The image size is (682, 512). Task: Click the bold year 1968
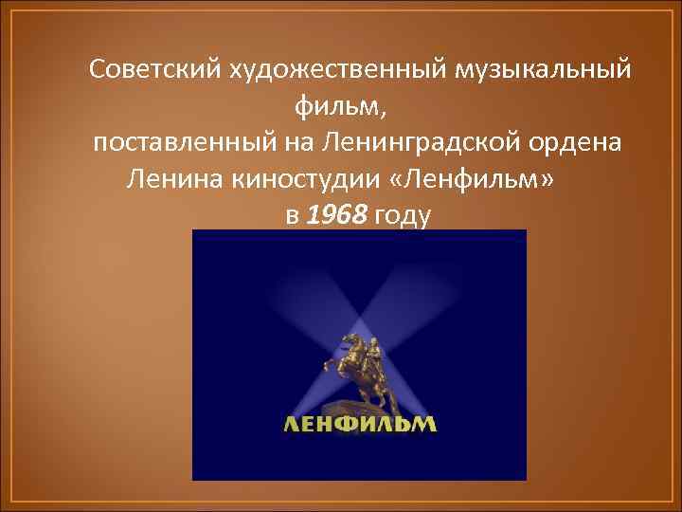pyautogui.click(x=338, y=216)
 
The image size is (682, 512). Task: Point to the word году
pyautogui.click(x=403, y=216)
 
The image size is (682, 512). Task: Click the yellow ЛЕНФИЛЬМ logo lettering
pyautogui.click(x=360, y=424)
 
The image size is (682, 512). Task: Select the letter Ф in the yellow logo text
pyautogui.click(x=350, y=424)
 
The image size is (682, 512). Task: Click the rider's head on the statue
pyautogui.click(x=372, y=338)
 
